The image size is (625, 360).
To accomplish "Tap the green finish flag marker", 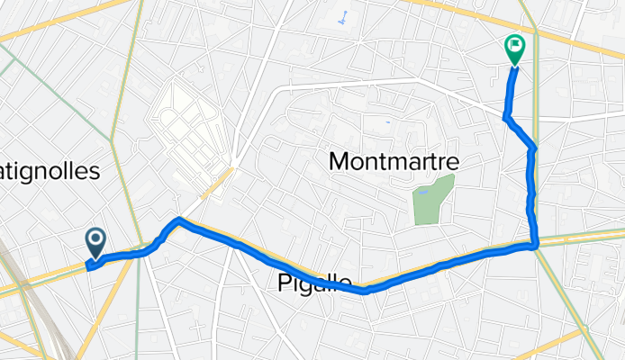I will tap(515, 48).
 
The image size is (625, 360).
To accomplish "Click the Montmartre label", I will tap(394, 162).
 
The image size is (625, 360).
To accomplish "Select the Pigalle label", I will tap(310, 283).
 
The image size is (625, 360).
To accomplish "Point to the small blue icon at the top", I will tap(342, 17).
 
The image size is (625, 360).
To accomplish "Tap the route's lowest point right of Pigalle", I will tap(366, 291).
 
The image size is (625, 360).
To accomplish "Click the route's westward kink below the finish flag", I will tap(505, 117).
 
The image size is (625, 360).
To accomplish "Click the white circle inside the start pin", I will tap(95, 238).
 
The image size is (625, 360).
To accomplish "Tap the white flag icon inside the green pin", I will tap(515, 43).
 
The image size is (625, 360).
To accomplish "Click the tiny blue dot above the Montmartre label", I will tap(387, 121).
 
